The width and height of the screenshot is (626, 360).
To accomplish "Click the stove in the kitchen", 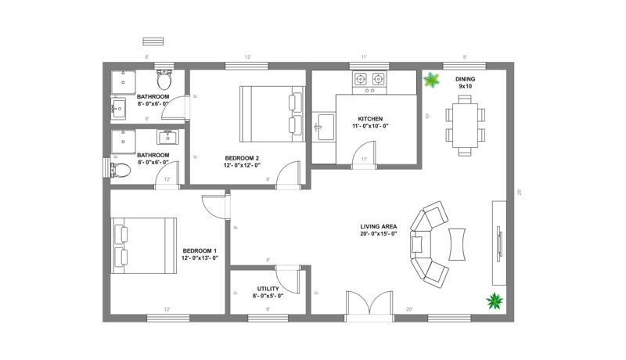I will point(371,80).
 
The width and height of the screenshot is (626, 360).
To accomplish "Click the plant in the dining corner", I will point(431,79).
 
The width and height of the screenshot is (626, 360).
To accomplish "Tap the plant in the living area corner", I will point(495,300).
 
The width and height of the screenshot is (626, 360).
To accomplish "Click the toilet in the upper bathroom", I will point(164,79).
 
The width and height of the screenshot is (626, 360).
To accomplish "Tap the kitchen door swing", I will point(362,153).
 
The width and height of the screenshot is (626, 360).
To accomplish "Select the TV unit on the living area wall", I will point(498,243).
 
